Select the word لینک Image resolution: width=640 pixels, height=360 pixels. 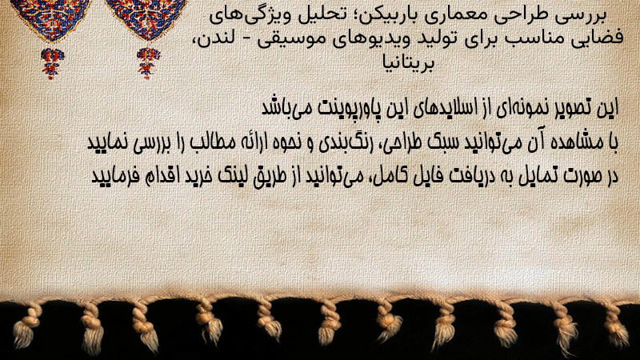(230, 176)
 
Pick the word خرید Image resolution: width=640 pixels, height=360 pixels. (198, 176)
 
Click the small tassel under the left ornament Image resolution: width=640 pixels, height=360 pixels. (52, 63)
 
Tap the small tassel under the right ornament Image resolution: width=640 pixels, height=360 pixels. (148, 63)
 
